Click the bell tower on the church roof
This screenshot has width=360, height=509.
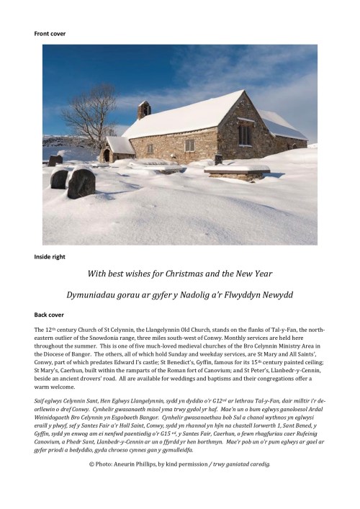click(x=145, y=109)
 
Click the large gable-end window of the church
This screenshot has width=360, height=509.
click(x=246, y=133)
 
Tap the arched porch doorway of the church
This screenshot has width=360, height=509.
click(x=107, y=155)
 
